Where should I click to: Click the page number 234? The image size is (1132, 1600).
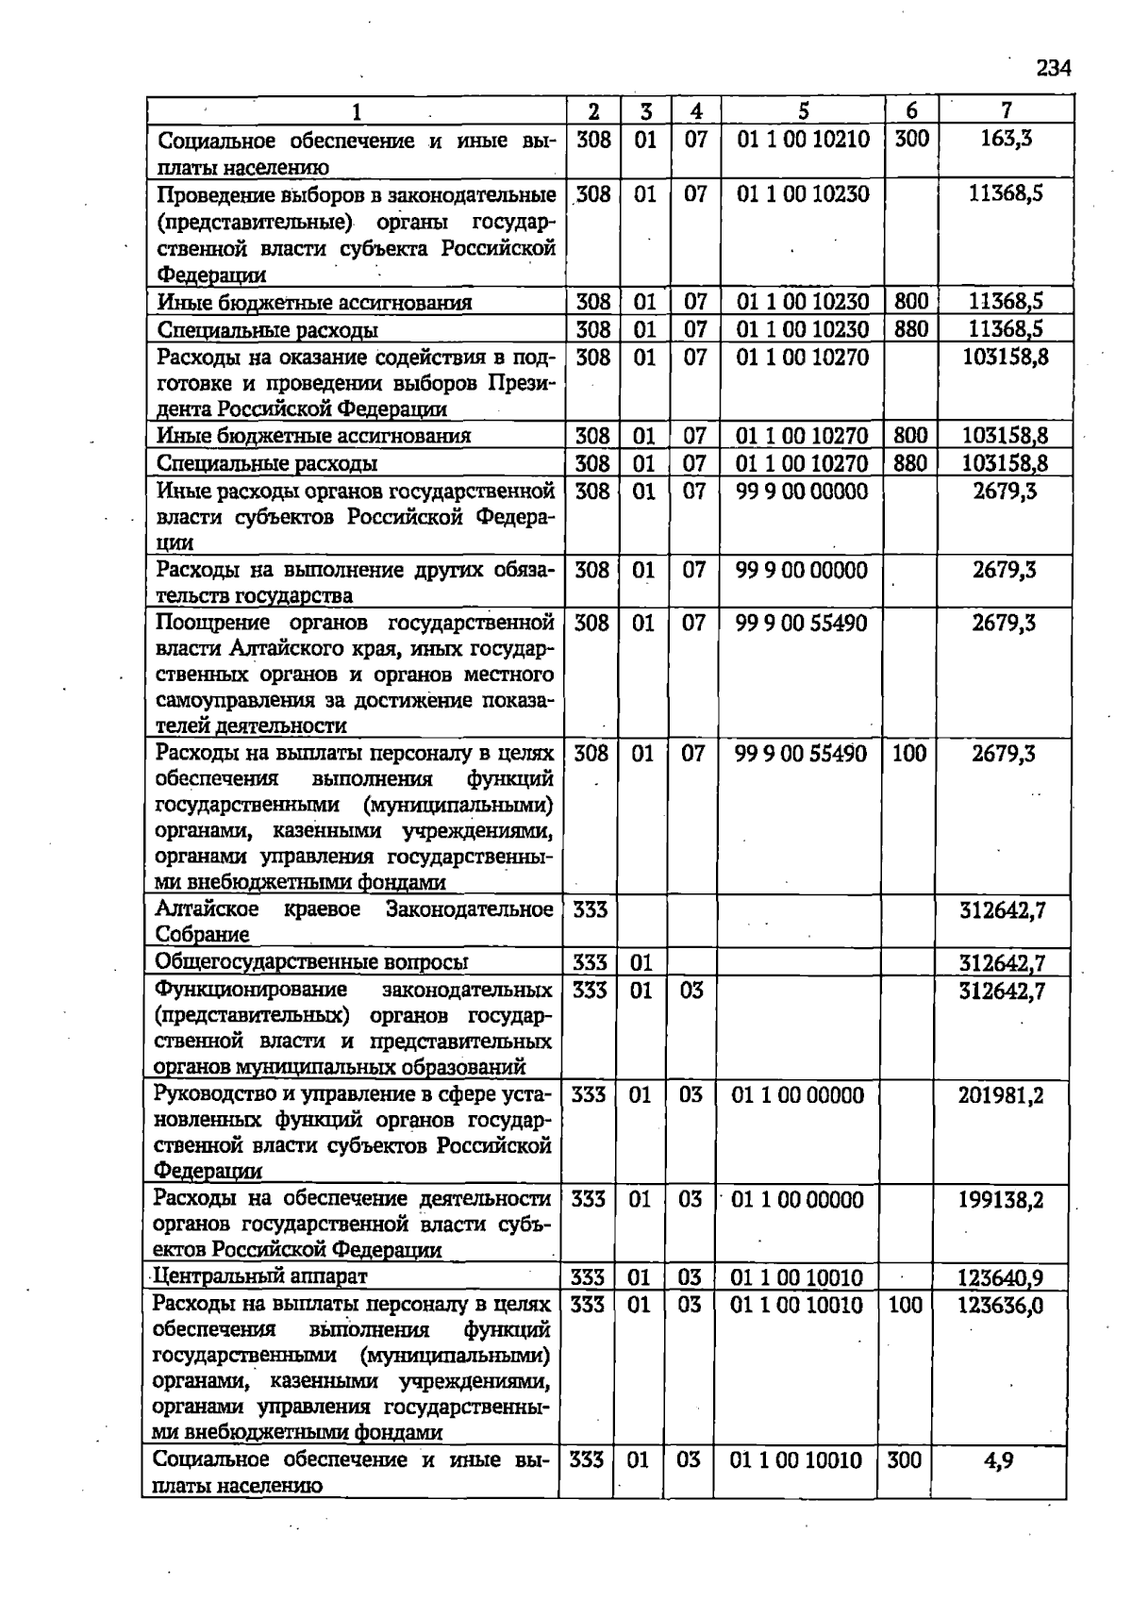(x=1053, y=68)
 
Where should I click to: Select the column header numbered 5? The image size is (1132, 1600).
(x=803, y=110)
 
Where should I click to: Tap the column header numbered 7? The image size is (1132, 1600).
(x=1007, y=110)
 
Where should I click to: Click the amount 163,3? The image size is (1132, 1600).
(x=1006, y=140)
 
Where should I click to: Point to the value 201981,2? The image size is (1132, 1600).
(x=1001, y=1095)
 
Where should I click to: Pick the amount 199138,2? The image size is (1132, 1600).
(x=1001, y=1200)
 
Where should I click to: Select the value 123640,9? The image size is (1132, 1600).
(x=1000, y=1278)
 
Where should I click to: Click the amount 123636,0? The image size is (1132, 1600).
(x=1000, y=1305)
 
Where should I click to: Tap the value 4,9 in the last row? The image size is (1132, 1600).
(x=998, y=1460)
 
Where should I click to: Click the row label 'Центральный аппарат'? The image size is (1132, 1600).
(x=260, y=1276)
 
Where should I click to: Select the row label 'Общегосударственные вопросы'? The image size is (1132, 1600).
(x=311, y=962)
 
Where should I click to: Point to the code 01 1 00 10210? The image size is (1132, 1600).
(x=803, y=140)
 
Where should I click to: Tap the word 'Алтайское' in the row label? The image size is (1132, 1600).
(x=207, y=909)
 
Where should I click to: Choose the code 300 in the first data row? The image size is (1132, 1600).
(x=911, y=140)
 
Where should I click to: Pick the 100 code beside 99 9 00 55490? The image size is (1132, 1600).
(x=909, y=754)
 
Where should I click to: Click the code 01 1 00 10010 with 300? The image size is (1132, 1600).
(x=795, y=1460)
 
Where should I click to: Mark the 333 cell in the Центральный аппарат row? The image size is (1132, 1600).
(x=588, y=1278)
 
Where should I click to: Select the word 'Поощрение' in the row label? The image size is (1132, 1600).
(x=214, y=623)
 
